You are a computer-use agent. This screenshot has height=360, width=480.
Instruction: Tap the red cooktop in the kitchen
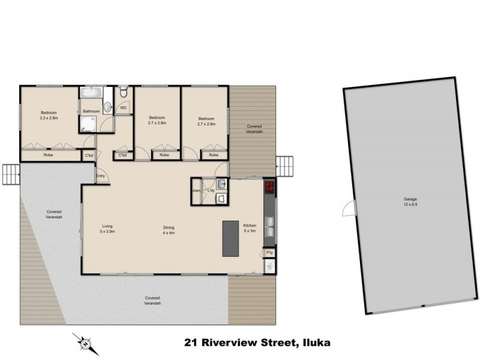click(x=269, y=187)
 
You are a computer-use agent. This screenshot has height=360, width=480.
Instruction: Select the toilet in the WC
click(x=122, y=92)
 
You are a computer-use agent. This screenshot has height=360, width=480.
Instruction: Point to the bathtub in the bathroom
click(x=92, y=95)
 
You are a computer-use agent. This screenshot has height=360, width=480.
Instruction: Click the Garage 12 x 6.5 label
click(x=410, y=202)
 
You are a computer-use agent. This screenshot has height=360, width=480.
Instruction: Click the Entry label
click(x=100, y=176)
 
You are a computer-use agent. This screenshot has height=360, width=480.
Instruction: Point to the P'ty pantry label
click(x=269, y=254)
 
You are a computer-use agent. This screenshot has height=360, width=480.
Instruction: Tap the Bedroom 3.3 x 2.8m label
click(x=49, y=116)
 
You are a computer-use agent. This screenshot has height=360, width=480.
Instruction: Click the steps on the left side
click(x=11, y=174)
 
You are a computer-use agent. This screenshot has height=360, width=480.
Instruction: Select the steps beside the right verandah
click(x=284, y=166)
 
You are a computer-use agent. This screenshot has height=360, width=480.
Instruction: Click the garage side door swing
click(x=348, y=208)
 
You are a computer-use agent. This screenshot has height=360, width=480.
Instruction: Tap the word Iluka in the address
click(x=314, y=343)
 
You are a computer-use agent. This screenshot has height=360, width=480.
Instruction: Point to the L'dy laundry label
click(x=211, y=191)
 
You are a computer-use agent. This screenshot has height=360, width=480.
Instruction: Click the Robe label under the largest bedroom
click(x=49, y=155)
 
